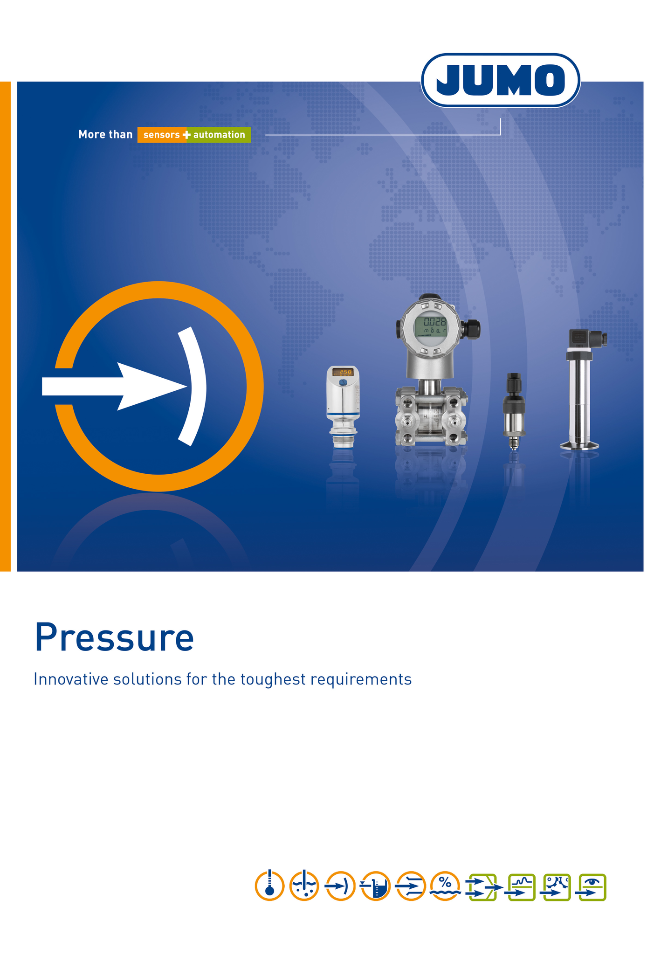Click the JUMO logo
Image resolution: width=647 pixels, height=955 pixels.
[x=501, y=80]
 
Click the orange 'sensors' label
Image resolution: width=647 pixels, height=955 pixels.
[x=162, y=135]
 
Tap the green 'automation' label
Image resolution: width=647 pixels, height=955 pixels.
[x=219, y=135]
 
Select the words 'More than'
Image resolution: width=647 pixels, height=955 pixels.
[x=105, y=135]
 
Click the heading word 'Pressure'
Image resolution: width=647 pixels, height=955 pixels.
[x=114, y=638]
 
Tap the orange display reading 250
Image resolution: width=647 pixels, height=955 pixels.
[x=343, y=372]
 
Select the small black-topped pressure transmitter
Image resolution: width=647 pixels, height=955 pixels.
[x=514, y=411]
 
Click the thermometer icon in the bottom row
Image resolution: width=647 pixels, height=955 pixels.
[x=269, y=886]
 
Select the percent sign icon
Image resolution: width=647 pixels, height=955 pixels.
[x=445, y=886]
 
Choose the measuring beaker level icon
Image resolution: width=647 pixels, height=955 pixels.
[x=375, y=886]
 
